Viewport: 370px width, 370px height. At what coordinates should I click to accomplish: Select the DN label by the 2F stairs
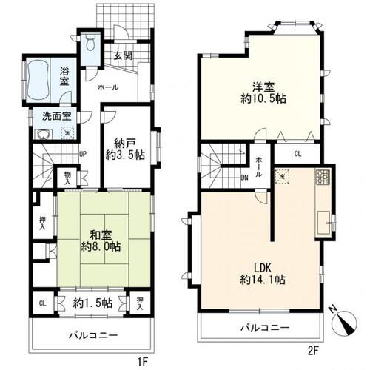[244, 177]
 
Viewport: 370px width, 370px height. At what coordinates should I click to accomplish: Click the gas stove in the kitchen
[323, 177]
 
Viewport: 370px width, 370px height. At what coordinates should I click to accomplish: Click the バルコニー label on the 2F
[264, 327]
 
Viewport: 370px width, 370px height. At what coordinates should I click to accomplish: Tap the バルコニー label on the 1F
[92, 335]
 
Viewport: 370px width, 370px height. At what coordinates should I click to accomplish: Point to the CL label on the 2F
[297, 154]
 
